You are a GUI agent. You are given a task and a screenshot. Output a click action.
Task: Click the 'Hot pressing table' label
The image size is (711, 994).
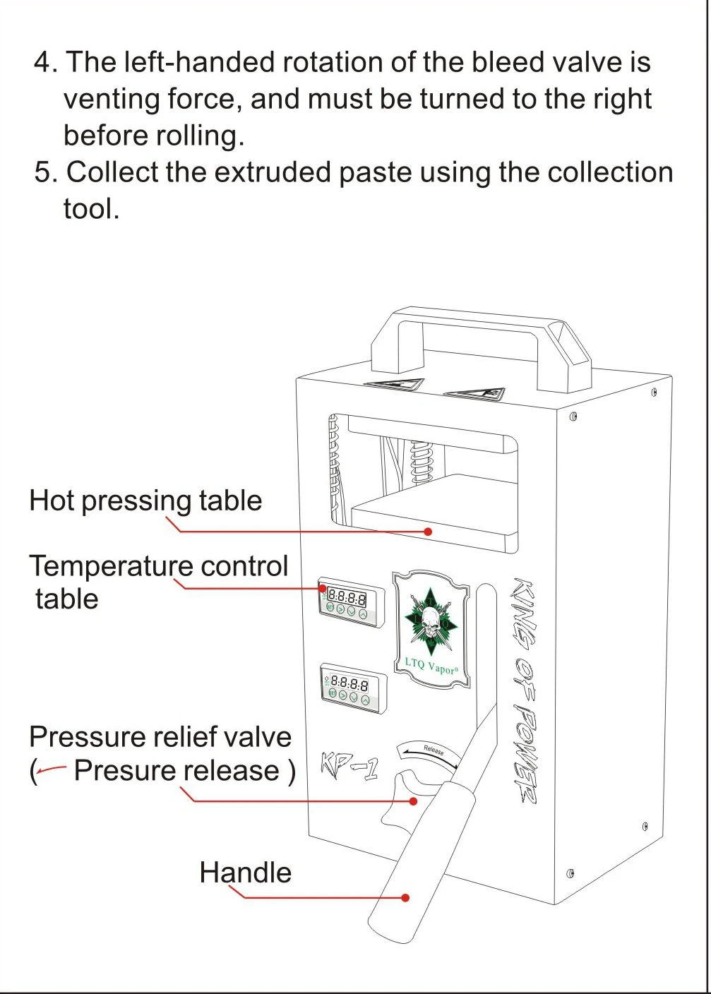pyautogui.click(x=145, y=501)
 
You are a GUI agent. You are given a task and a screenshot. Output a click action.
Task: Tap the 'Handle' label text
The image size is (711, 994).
pyautogui.click(x=245, y=873)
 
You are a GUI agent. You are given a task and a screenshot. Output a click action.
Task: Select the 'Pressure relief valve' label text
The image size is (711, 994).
pyautogui.click(x=160, y=737)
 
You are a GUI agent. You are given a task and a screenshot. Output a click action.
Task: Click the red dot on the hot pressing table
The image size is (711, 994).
pyautogui.click(x=428, y=532)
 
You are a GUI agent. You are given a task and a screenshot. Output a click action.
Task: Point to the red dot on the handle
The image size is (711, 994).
pyautogui.click(x=405, y=897)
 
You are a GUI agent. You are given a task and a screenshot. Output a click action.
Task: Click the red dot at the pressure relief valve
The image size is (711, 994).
pyautogui.click(x=414, y=801)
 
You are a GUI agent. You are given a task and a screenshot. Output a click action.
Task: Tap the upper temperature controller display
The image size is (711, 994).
pyautogui.click(x=347, y=599)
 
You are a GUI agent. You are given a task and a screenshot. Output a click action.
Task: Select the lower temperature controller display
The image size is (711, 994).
pyautogui.click(x=349, y=683)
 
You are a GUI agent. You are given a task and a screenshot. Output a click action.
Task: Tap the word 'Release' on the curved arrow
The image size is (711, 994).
pyautogui.click(x=434, y=750)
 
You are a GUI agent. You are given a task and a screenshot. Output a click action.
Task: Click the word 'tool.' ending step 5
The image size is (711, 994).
pyautogui.click(x=91, y=210)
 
